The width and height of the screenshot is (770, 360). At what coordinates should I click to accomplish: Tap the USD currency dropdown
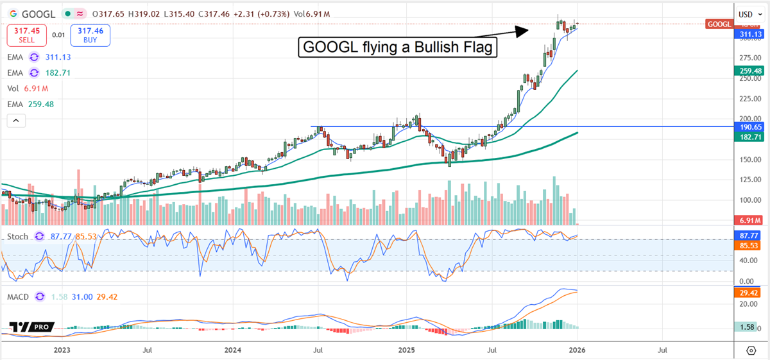[748, 14]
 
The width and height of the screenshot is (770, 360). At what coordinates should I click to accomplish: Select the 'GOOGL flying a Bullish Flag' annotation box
[398, 47]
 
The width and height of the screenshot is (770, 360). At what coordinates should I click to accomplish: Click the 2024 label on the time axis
[233, 350]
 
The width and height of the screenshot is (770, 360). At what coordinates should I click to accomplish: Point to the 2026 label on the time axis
[577, 350]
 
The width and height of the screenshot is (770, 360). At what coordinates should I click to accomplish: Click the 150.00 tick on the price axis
[746, 159]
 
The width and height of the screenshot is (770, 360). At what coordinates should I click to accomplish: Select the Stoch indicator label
[18, 237]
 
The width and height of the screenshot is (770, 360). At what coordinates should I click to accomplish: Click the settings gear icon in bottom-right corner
[751, 350]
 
